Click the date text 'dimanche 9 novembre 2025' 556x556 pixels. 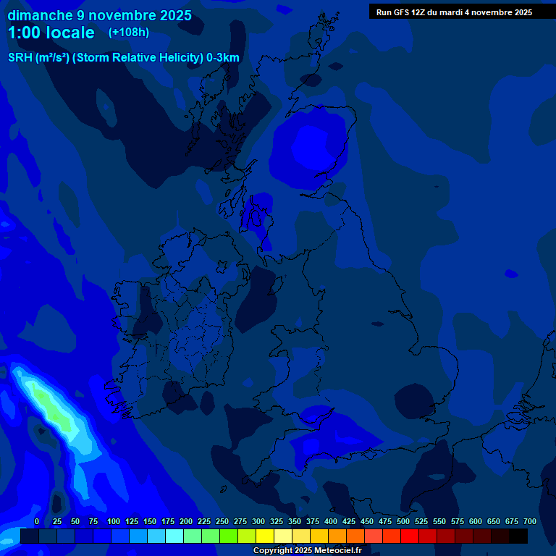tap(100, 15)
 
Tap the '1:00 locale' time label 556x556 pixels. tap(51, 33)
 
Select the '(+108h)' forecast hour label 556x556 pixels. tap(129, 33)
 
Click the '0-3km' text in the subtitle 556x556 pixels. tap(222, 58)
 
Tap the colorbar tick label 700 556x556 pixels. tap(529, 521)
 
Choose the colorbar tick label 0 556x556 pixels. tap(37, 521)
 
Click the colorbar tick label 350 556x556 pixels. tap(295, 521)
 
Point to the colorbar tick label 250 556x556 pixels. tap(222, 521)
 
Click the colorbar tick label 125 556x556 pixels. tap(131, 521)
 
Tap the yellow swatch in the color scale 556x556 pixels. tap(265, 536)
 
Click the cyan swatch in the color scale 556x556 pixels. tap(174, 536)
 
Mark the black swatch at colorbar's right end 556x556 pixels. tap(518, 536)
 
